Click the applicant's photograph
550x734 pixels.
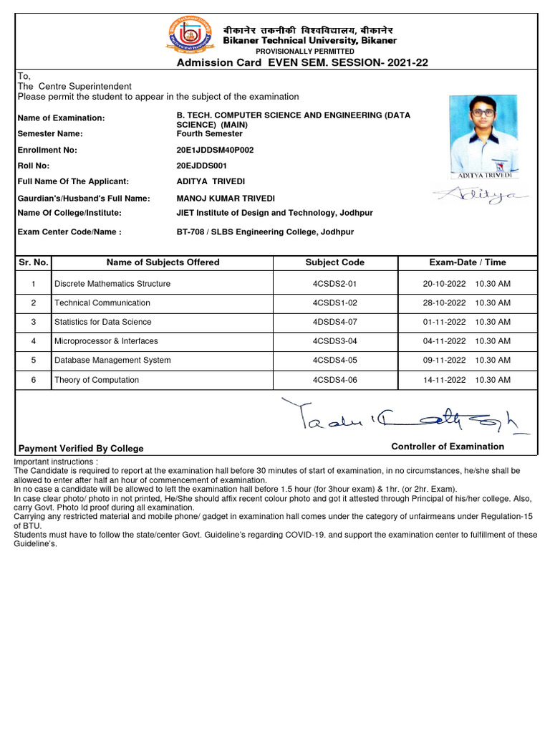tap(484, 136)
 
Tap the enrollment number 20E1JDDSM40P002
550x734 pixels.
tap(215, 151)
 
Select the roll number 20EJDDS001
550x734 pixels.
tap(203, 166)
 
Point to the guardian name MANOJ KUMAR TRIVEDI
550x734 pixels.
tap(226, 199)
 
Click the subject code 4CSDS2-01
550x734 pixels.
tap(334, 284)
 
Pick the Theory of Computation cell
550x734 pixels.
tap(97, 380)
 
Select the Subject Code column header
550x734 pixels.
tap(334, 262)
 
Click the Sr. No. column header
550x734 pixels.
tap(34, 262)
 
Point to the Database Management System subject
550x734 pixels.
tap(112, 361)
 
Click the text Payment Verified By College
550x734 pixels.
tap(80, 449)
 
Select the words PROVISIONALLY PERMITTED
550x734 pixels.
tap(305, 52)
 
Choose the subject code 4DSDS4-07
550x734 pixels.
tap(334, 323)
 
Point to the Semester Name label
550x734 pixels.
tap(50, 134)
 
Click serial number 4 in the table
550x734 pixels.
tap(34, 341)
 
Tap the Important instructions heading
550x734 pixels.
tap(56, 462)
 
